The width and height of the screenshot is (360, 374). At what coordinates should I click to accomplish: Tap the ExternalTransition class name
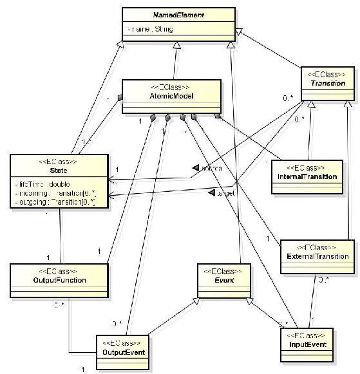click(x=317, y=256)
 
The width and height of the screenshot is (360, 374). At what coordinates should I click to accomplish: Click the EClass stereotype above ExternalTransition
click(x=317, y=247)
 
